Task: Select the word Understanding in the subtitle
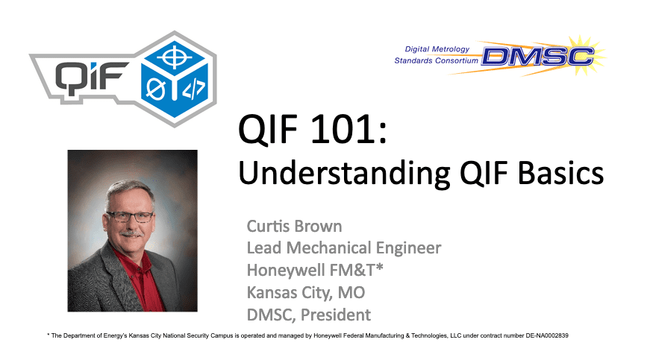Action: pyautogui.click(x=344, y=173)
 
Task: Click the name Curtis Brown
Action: pyautogui.click(x=294, y=226)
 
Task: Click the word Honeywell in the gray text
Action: pyautogui.click(x=280, y=271)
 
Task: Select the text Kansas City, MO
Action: pyautogui.click(x=306, y=292)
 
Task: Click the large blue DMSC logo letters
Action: pyautogui.click(x=537, y=57)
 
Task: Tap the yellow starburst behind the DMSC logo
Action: pyautogui.click(x=581, y=56)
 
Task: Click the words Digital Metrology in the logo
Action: pyautogui.click(x=437, y=49)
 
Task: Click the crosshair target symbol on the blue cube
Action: pyautogui.click(x=174, y=57)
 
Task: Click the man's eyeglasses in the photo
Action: pyautogui.click(x=130, y=217)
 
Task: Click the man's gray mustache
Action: pyautogui.click(x=131, y=233)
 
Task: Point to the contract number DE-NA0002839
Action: pyautogui.click(x=547, y=336)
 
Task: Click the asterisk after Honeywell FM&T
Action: pyautogui.click(x=380, y=267)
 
